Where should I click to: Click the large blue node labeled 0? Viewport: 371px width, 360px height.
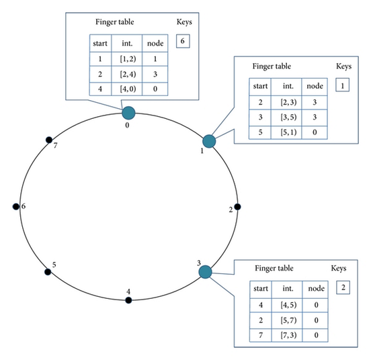click(128, 112)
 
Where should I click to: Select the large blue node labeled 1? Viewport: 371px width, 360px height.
click(209, 141)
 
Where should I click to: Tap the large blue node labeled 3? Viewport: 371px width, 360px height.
click(206, 272)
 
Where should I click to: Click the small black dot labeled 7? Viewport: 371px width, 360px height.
click(48, 140)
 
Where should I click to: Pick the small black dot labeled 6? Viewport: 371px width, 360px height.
click(16, 206)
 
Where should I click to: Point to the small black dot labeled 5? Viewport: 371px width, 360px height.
click(48, 272)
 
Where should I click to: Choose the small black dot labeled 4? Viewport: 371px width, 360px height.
click(128, 300)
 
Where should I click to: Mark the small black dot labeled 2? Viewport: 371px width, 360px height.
click(237, 207)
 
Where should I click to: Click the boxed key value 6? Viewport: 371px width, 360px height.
click(183, 42)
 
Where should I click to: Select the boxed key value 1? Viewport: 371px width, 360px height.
click(343, 86)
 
